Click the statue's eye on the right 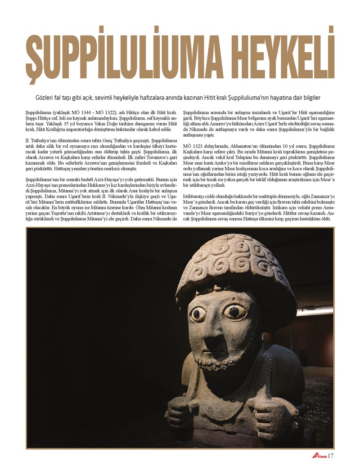(x=234, y=311)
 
